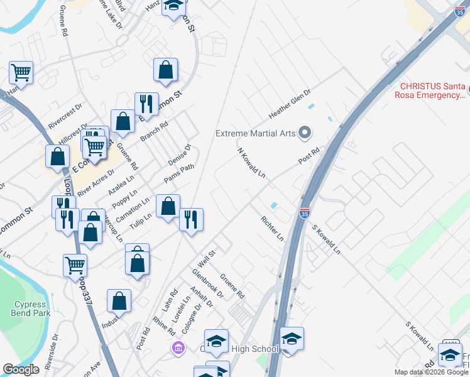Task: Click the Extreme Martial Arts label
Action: (x=255, y=133)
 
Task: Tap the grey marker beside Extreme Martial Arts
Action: (x=305, y=133)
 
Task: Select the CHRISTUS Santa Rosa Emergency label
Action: (x=434, y=91)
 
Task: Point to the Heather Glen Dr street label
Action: (x=290, y=104)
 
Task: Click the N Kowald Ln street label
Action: (x=251, y=163)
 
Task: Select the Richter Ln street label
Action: (x=272, y=228)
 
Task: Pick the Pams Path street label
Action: (x=179, y=173)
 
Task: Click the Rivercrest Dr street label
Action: (x=69, y=111)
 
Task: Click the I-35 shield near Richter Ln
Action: (x=304, y=214)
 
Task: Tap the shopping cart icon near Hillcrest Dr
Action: (x=94, y=147)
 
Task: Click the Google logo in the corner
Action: (x=21, y=369)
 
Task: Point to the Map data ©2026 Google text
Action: (x=431, y=372)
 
